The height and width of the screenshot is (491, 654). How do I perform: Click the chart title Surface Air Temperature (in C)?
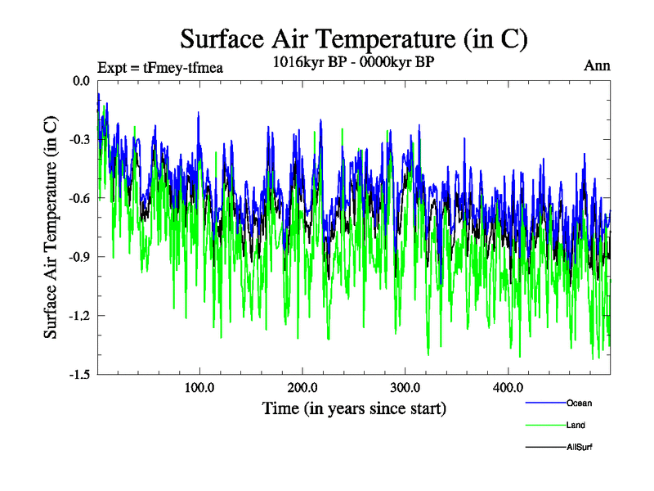353,39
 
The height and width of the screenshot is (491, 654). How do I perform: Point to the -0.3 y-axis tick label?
80,139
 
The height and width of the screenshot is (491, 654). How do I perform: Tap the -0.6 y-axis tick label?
80,198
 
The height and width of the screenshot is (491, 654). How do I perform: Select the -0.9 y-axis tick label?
80,257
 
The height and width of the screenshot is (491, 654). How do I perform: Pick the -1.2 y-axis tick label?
80,316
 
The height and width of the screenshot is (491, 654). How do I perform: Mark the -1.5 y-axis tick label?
80,375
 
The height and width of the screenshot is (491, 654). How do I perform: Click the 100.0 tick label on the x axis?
199,388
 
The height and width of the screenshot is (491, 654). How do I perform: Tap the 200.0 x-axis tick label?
302,388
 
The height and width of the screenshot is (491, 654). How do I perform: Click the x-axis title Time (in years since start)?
354,408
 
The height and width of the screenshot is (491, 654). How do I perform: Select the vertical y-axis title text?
51,227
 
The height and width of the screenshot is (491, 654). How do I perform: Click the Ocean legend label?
579,403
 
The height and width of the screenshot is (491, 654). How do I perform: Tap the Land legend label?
576,426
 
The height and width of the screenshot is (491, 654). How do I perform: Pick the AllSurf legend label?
579,448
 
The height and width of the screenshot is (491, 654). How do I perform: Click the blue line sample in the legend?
544,403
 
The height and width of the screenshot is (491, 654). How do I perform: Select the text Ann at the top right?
598,65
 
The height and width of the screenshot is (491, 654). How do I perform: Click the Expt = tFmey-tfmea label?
160,68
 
